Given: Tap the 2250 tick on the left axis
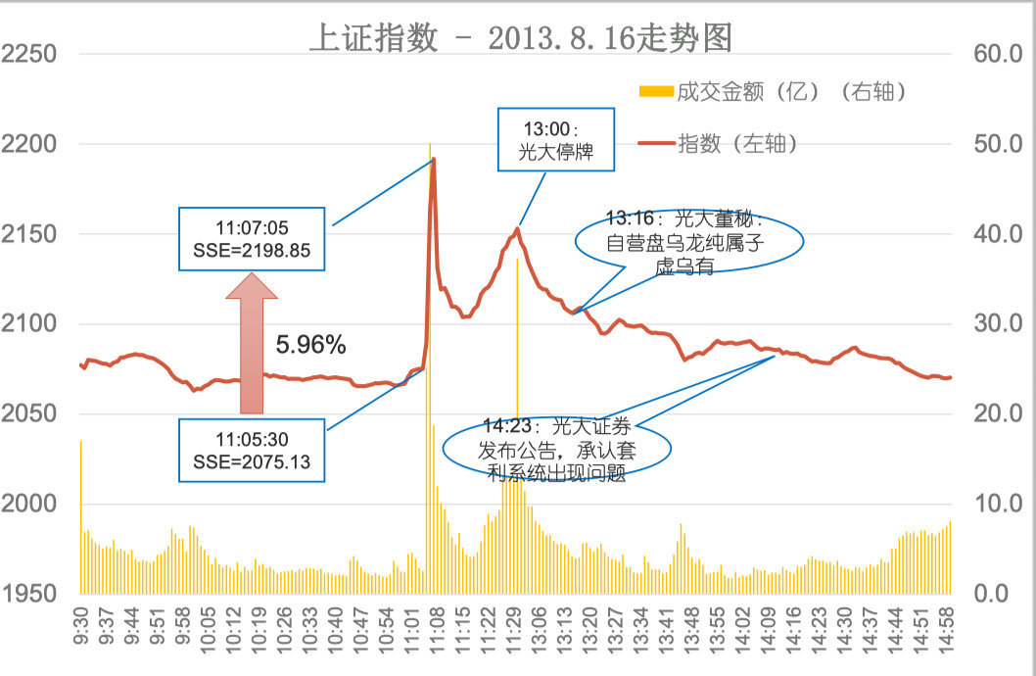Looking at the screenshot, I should pos(28,54).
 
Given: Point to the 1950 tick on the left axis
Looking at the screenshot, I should pos(28,594).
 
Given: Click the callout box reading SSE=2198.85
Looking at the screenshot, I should pos(254,238).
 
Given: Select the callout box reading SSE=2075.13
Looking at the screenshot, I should pos(254,450).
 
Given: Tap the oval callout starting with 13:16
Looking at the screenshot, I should pos(689,241).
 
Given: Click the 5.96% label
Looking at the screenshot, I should pos(310,344).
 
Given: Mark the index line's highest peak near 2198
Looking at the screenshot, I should pos(433,159).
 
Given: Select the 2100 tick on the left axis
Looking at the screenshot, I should pos(28,324).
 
